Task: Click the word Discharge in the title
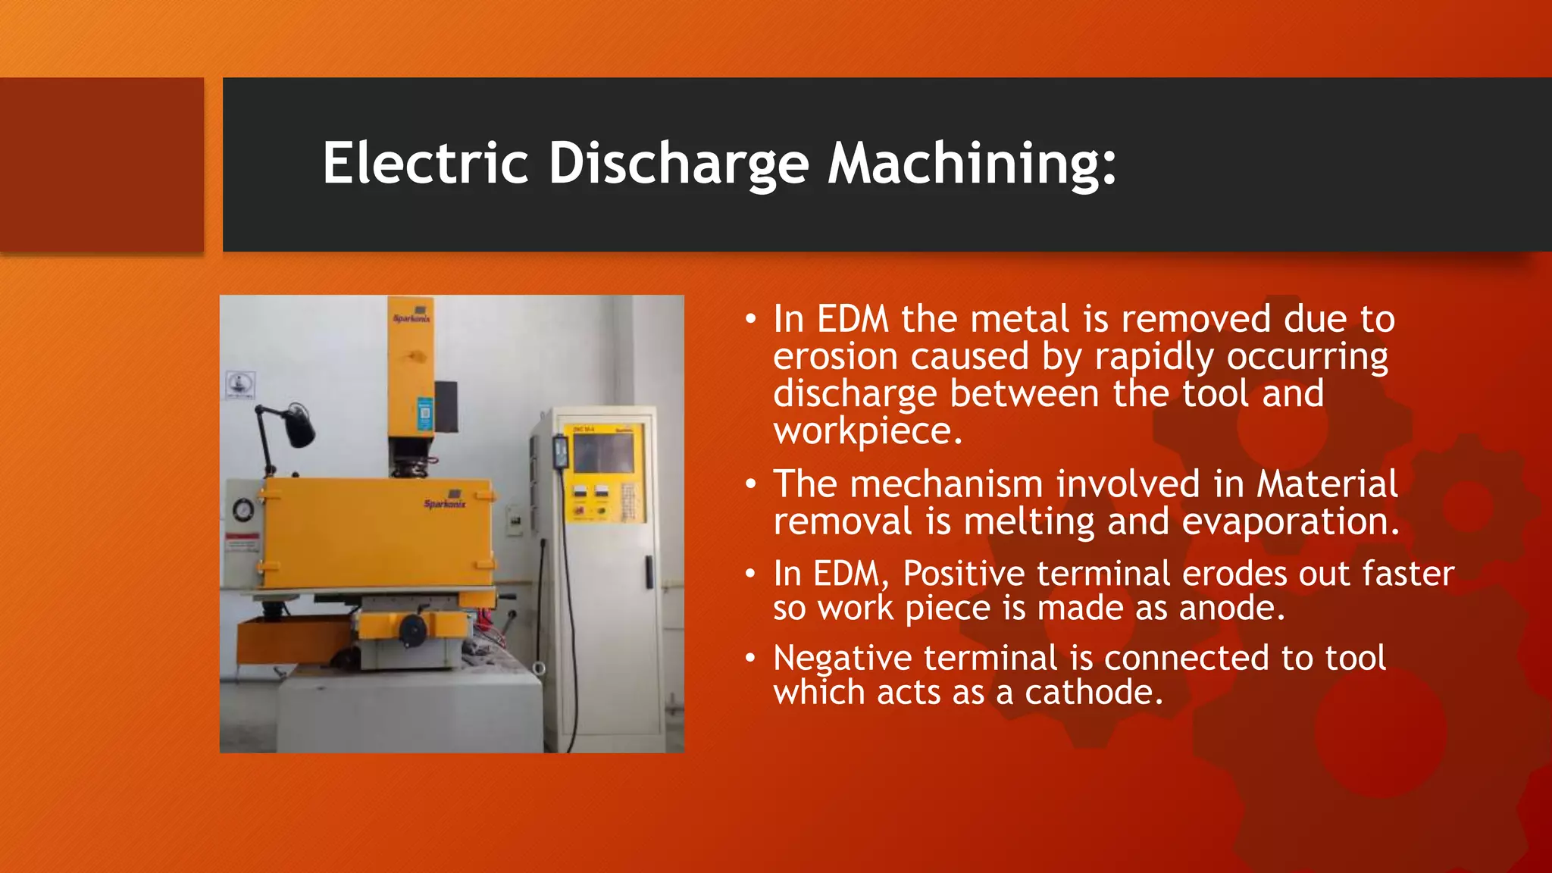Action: pyautogui.click(x=678, y=164)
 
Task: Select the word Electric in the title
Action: pyautogui.click(x=425, y=164)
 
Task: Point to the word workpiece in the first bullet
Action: pyautogui.click(x=867, y=431)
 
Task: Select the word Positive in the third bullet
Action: pyautogui.click(x=963, y=574)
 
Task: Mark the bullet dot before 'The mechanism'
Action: pyautogui.click(x=750, y=483)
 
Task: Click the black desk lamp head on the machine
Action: pyautogui.click(x=299, y=426)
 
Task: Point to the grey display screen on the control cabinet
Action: pyautogui.click(x=604, y=453)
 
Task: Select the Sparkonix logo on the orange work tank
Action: pyautogui.click(x=445, y=504)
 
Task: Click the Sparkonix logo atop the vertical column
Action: pyautogui.click(x=411, y=318)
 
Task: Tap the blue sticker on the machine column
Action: pyautogui.click(x=425, y=415)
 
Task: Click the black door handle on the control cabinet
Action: pyautogui.click(x=649, y=571)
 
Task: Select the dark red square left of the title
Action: pyautogui.click(x=102, y=164)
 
